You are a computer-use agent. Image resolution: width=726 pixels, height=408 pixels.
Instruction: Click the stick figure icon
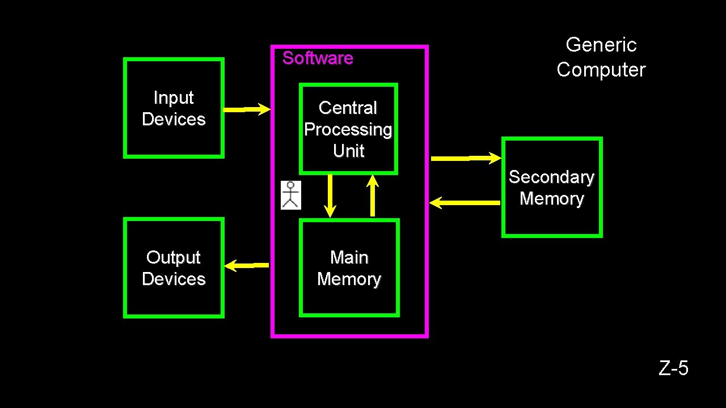click(x=291, y=195)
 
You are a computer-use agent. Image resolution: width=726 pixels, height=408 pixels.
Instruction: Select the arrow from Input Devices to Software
click(x=247, y=109)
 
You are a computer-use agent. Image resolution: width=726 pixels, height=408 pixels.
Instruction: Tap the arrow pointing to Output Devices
click(x=247, y=265)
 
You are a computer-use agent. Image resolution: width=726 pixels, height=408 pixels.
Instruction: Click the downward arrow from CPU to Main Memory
click(x=330, y=195)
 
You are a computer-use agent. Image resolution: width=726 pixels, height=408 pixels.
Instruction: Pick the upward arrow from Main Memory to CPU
click(x=373, y=195)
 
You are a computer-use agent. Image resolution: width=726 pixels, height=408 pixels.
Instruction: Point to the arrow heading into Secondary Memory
click(x=466, y=158)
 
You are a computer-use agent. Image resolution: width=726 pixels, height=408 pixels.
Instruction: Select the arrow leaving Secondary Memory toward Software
click(x=465, y=202)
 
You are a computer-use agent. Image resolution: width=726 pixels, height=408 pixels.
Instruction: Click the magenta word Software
click(x=318, y=58)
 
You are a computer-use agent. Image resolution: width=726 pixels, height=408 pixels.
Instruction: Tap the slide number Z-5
click(x=673, y=368)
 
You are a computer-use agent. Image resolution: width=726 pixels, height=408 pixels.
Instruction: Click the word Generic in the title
click(x=601, y=45)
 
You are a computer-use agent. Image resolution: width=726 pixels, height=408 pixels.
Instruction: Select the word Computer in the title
click(x=601, y=70)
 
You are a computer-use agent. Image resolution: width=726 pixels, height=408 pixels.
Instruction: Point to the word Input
click(x=174, y=97)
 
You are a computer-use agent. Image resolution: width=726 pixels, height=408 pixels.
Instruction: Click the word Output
click(x=174, y=257)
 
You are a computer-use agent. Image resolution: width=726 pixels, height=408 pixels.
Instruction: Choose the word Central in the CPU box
click(x=348, y=108)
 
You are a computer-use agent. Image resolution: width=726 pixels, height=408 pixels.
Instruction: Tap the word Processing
click(x=348, y=129)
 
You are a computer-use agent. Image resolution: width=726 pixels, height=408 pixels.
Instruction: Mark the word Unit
click(x=348, y=151)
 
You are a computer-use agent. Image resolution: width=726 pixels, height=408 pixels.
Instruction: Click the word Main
click(x=349, y=257)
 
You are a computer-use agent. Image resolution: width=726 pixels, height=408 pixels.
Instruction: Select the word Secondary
click(x=551, y=177)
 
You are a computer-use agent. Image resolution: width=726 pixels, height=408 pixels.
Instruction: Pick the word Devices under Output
click(x=174, y=279)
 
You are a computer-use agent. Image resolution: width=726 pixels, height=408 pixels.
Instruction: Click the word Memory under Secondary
click(x=551, y=198)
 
